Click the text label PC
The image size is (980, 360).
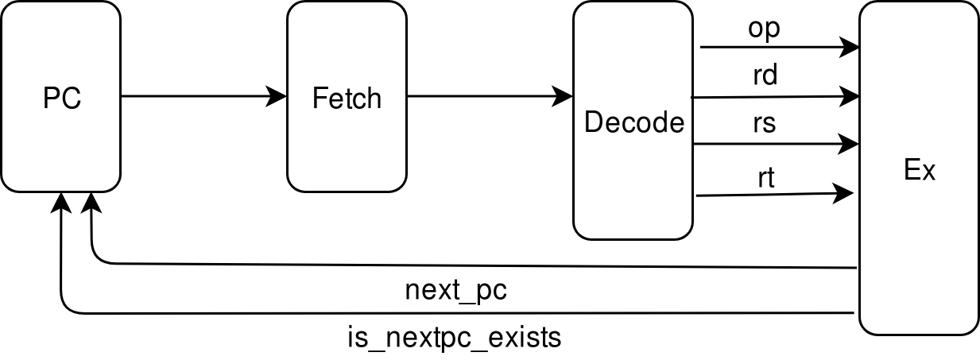click(62, 99)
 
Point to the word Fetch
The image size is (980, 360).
click(347, 99)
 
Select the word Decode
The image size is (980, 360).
click(633, 123)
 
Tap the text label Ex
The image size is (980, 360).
click(920, 171)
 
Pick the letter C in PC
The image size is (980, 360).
click(72, 99)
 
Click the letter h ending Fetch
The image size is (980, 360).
click(374, 99)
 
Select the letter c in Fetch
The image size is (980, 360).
click(360, 100)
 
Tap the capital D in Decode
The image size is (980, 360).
click(593, 123)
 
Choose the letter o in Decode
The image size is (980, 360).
click(644, 125)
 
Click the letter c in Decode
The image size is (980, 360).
click(629, 125)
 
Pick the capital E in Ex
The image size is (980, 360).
click(912, 171)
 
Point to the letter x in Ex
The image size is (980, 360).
click(928, 172)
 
